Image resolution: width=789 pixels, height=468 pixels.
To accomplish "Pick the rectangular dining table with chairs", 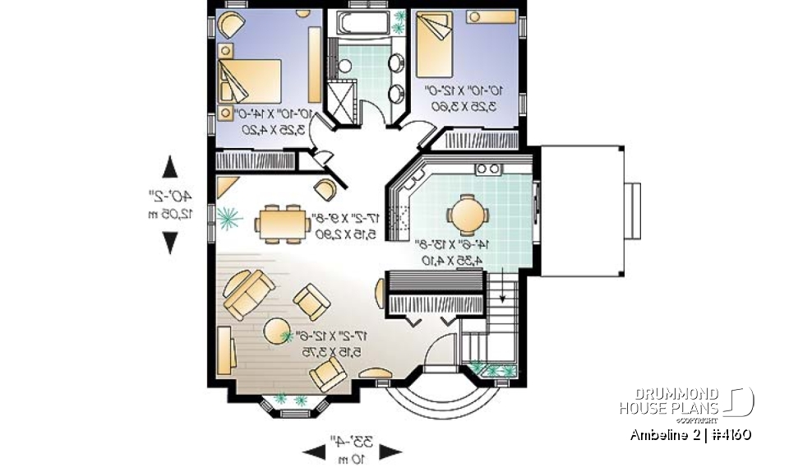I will click(x=280, y=223).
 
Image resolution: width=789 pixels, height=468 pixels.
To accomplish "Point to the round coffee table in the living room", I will click(x=275, y=331).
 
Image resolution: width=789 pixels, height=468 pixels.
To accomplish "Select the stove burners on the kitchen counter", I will click(x=488, y=169).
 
